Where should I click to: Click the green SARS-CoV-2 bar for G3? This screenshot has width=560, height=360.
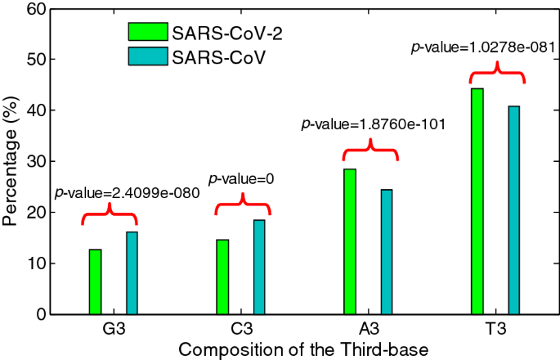tap(95, 281)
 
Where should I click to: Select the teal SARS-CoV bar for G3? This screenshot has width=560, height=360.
tap(132, 272)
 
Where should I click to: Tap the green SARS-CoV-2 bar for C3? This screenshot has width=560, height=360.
tap(222, 277)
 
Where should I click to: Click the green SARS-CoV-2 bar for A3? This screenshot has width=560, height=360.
tap(350, 241)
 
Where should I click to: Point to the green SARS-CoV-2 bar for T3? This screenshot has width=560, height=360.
tap(477, 201)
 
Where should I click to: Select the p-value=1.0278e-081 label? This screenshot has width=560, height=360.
tap(483, 48)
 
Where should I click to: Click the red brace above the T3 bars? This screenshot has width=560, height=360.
tap(496, 74)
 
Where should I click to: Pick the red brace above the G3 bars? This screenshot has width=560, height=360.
tap(109, 217)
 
